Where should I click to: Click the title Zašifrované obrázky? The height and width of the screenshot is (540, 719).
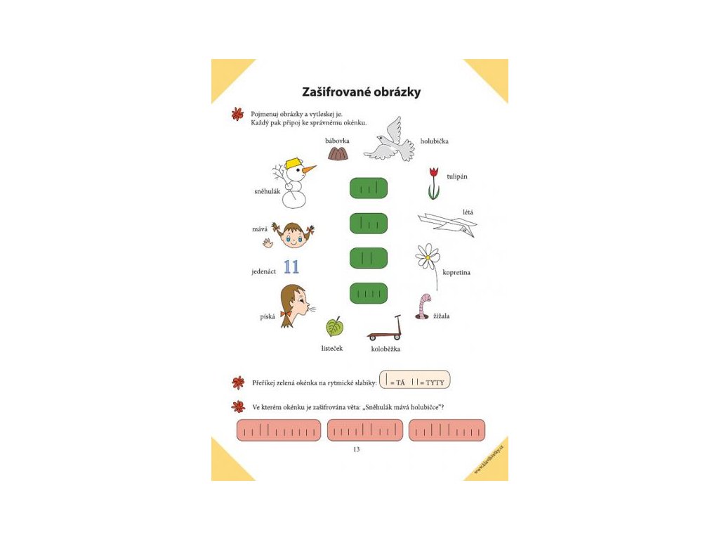click(x=361, y=92)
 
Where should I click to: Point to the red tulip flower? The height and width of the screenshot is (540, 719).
click(x=434, y=172)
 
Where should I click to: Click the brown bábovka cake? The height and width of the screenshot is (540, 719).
click(x=338, y=154)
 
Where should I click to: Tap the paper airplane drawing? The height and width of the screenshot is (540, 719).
click(x=448, y=224)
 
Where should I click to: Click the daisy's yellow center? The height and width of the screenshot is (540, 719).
click(x=427, y=257)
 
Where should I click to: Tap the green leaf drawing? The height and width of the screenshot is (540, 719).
click(x=335, y=327)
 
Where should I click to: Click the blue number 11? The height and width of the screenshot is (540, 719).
click(x=291, y=267)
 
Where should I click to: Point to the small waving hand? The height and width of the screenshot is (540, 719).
click(x=268, y=243)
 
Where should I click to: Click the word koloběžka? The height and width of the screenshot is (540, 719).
click(x=386, y=348)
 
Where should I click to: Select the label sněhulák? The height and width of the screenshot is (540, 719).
click(x=266, y=191)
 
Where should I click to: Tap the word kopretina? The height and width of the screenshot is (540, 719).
click(x=456, y=272)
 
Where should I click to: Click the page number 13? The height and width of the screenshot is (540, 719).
click(x=356, y=449)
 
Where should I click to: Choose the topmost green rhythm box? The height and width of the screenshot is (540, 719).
click(x=369, y=188)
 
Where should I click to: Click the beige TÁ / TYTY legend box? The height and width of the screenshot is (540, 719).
click(x=414, y=380)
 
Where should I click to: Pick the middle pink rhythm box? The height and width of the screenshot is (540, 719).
click(x=365, y=430)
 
